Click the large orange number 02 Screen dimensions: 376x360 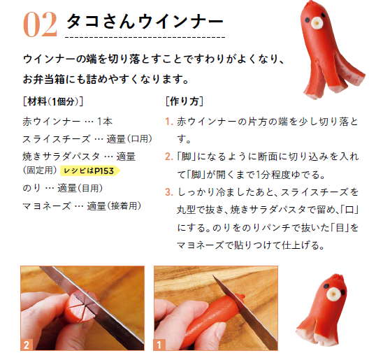tap(40, 24)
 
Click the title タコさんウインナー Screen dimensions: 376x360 tap(145, 22)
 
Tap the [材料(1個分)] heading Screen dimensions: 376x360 tap(53, 101)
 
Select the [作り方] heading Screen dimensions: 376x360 tap(185, 101)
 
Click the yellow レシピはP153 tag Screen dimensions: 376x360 tap(89, 171)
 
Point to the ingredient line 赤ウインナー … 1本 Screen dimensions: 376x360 tap(67, 122)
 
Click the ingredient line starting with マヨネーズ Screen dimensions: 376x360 tap(82, 206)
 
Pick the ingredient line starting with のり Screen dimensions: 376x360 tap(63, 188)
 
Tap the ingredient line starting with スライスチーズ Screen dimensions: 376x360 tap(87, 139)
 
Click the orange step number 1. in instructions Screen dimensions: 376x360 tap(169, 122)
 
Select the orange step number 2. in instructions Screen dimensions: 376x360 tap(169, 157)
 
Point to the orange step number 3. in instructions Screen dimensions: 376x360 tap(169, 192)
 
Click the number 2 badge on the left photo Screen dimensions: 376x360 tap(27, 345)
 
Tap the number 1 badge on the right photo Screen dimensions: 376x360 tap(159, 345)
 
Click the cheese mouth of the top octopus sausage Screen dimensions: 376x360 tap(317, 24)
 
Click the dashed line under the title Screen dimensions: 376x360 tap(145, 37)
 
